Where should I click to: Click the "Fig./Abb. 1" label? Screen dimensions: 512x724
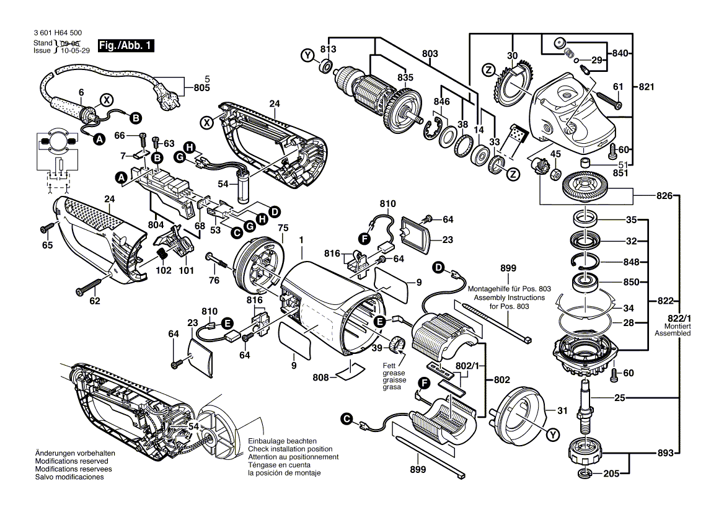(124, 45)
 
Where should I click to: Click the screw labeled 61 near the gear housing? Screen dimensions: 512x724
(609, 100)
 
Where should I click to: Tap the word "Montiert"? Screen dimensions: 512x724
(677, 326)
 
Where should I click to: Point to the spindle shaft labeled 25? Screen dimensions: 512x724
(584, 406)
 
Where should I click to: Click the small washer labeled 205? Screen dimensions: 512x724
(584, 475)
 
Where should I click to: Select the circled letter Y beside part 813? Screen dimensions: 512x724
(306, 56)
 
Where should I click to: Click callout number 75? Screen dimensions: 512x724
(283, 228)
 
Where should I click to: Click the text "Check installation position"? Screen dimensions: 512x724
(290, 449)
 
